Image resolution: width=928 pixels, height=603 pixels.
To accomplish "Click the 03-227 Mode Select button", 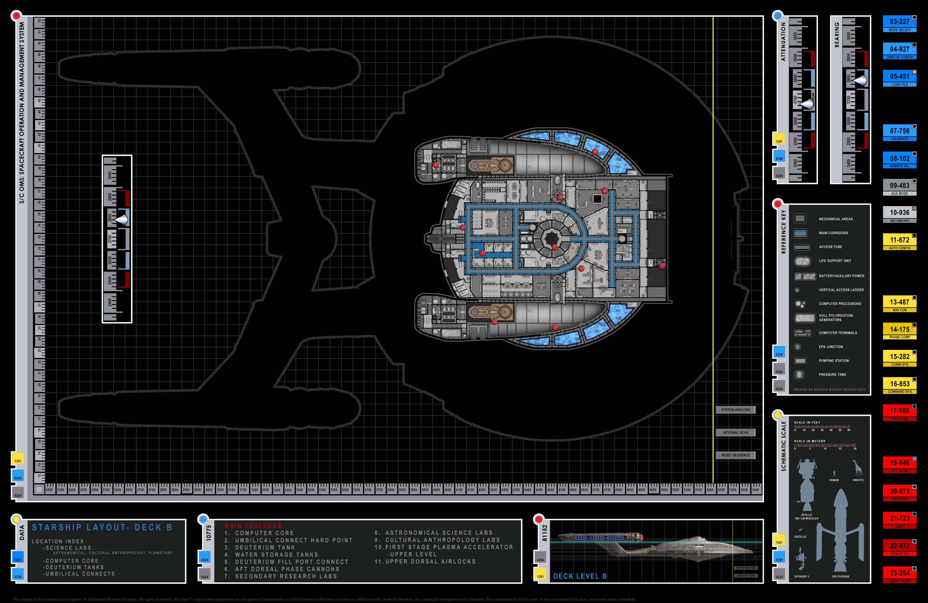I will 899,24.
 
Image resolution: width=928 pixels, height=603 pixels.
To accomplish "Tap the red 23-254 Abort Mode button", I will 899,575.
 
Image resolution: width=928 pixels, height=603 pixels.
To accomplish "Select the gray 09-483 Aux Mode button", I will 899,188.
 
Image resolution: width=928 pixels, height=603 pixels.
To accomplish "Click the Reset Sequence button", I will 735,455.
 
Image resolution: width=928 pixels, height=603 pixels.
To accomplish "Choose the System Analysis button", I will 735,410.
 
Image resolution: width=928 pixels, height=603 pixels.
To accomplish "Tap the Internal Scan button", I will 735,433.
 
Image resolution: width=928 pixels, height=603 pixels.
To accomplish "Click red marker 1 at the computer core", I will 555,247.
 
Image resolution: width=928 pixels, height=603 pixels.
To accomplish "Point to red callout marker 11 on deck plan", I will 662,266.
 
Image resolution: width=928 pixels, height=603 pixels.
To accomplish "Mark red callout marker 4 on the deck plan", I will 595,152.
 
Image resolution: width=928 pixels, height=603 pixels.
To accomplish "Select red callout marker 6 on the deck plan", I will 436,165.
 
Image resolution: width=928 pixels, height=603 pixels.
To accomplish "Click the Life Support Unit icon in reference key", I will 802,261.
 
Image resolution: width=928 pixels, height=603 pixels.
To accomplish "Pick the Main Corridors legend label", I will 833,233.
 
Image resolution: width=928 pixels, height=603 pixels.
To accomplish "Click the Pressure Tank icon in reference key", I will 799,374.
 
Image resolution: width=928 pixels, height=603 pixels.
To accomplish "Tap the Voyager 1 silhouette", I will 801,558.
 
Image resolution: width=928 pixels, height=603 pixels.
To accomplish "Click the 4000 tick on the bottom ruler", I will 436,490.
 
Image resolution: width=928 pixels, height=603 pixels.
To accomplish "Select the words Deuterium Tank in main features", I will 265,548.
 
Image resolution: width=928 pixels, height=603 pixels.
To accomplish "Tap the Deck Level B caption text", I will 580,576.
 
